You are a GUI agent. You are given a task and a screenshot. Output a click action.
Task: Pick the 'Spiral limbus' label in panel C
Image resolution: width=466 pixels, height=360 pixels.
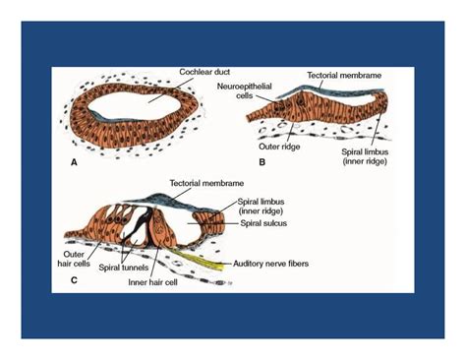(x=266, y=207)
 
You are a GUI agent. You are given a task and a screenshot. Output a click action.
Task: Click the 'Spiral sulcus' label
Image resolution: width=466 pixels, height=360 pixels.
(x=267, y=224)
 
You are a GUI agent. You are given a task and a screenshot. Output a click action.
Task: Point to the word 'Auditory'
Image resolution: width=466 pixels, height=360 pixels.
(x=252, y=263)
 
